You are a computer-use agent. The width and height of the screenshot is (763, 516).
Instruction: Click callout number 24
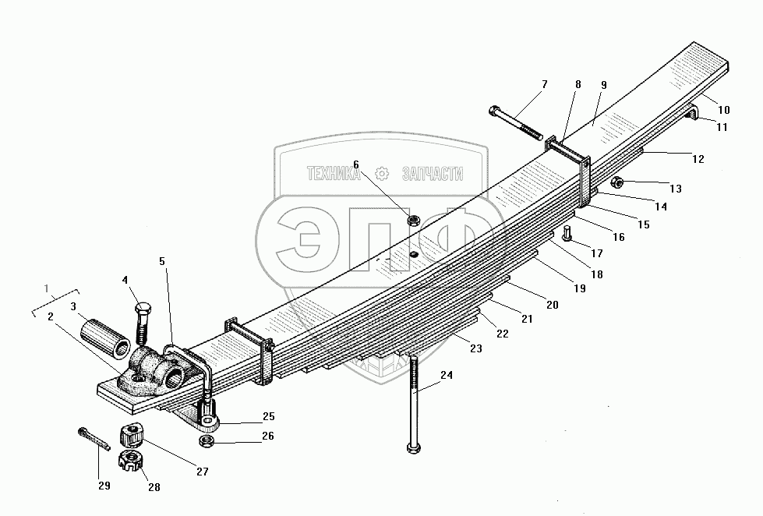click(447, 374)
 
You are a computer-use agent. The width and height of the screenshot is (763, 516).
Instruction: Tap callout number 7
click(545, 84)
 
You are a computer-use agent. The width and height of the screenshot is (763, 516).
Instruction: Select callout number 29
click(103, 486)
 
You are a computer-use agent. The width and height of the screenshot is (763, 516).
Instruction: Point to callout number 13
click(675, 189)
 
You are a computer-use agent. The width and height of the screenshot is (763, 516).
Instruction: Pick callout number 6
click(356, 164)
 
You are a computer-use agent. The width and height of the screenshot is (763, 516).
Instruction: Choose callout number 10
click(723, 109)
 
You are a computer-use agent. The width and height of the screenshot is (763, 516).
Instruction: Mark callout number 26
click(268, 436)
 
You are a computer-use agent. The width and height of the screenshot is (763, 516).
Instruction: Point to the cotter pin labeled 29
click(92, 436)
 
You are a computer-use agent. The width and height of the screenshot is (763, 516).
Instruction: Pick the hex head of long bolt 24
click(412, 447)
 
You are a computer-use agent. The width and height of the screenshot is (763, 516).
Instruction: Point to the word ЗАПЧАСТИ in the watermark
click(432, 175)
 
